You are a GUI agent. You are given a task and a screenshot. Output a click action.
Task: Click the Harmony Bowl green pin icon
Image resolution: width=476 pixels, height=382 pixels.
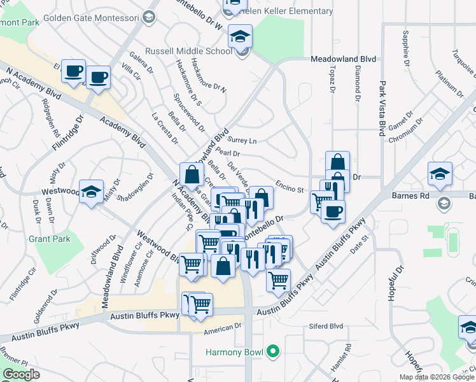[x=274, y=351]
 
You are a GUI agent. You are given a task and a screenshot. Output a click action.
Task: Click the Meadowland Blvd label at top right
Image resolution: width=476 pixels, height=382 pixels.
[x=343, y=59]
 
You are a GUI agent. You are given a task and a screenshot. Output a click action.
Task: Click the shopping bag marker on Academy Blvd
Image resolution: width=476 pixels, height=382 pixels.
[x=192, y=173]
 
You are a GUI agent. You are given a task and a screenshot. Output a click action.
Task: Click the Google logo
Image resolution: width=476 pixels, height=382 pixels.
[x=21, y=374]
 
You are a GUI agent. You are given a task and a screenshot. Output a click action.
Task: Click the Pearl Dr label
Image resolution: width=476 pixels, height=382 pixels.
[x=227, y=153]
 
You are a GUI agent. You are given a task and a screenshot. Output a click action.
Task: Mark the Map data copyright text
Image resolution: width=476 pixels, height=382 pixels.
[x=437, y=377]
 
